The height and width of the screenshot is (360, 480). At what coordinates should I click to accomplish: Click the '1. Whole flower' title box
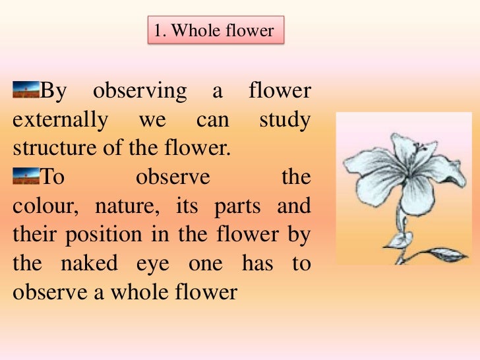215,30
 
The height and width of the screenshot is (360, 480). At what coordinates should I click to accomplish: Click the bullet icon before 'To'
26,176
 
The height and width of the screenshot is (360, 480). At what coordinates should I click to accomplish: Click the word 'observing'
140,92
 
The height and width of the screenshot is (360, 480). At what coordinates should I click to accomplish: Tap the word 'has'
259,262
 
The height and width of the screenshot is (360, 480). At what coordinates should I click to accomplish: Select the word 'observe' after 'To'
172,177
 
